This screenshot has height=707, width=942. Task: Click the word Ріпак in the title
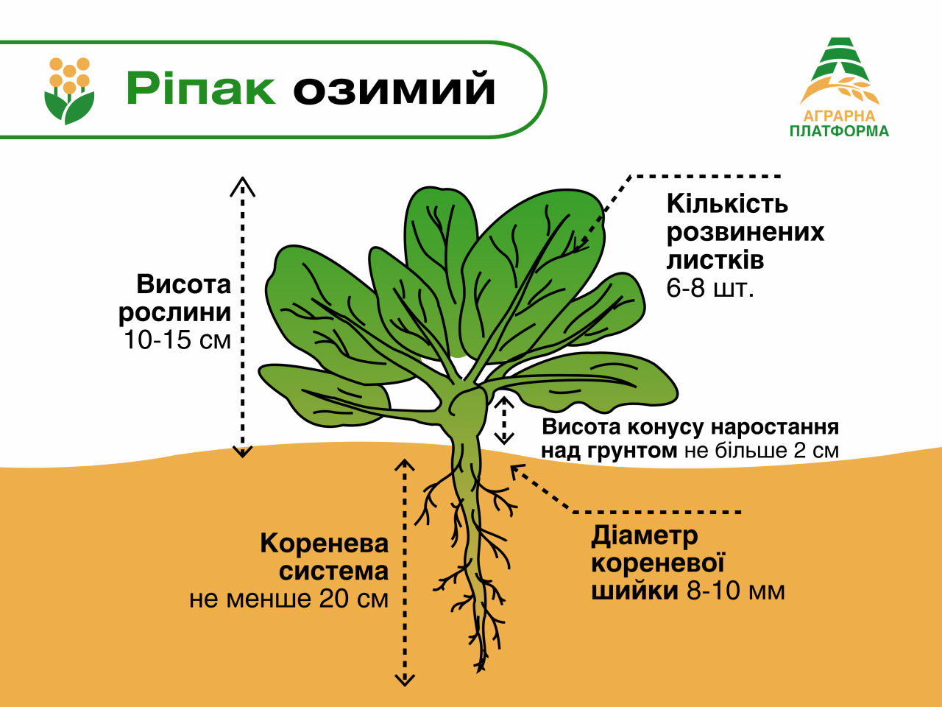200,89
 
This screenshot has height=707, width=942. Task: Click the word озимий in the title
394,89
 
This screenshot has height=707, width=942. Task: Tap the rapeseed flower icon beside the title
69,90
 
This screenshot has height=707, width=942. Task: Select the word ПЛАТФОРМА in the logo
839,132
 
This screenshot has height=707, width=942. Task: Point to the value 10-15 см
177,340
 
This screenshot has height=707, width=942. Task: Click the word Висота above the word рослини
184,284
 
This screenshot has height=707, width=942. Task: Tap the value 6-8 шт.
710,288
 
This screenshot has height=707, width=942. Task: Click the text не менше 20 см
288,599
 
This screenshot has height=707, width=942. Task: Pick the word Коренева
324,544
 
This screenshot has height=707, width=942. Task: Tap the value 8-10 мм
736,591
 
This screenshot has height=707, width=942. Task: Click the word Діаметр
644,535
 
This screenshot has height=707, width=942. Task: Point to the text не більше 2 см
761,451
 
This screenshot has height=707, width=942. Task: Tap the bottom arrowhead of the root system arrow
405,679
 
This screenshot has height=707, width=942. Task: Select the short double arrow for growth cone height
504,421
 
